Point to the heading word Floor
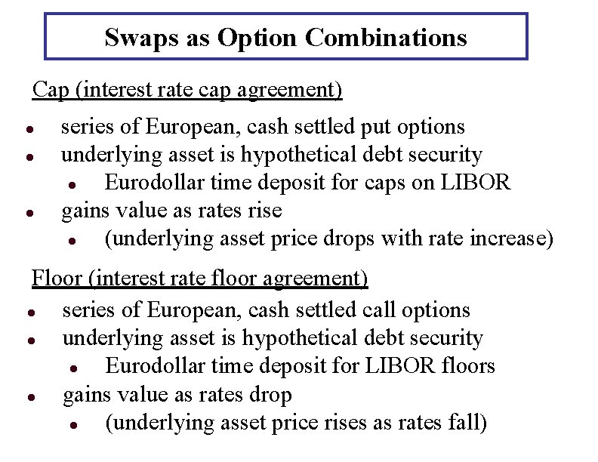pos(58,279)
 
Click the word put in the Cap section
pos(384,127)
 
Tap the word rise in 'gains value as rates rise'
pos(265,211)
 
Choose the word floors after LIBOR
pos(469,367)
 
